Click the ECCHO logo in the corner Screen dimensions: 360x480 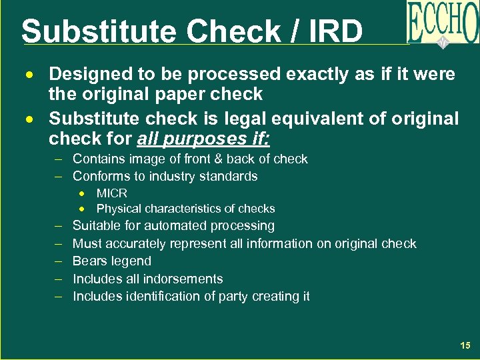(443, 23)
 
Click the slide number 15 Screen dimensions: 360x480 (465, 345)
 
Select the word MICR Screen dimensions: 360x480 (112, 193)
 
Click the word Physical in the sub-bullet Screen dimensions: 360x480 (119, 209)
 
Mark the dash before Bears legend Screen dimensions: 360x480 (59, 261)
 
